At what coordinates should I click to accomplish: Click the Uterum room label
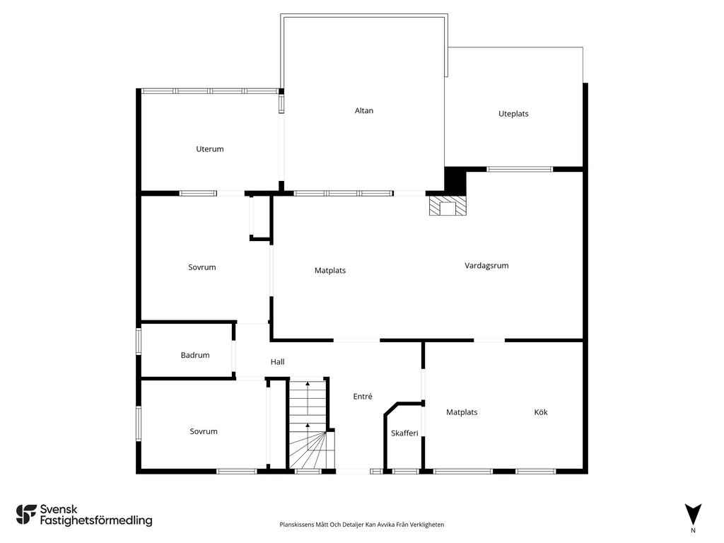point(209,149)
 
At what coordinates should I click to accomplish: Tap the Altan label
point(364,111)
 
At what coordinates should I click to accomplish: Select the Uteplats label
point(513,114)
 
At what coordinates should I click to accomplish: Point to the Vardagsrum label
point(486,266)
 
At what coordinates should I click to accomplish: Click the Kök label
point(541,412)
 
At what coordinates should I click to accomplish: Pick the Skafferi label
point(404,433)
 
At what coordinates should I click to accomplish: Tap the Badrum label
point(195,355)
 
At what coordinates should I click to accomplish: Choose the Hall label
point(277,362)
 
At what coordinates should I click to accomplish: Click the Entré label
point(363,396)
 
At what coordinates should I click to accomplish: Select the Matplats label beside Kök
point(462,412)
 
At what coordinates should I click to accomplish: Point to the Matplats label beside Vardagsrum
point(330,271)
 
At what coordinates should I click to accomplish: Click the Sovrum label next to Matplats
point(202,267)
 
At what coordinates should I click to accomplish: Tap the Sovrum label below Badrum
point(204,432)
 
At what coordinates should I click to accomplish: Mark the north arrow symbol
point(693,515)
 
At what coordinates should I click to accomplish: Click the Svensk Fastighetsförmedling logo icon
point(26,515)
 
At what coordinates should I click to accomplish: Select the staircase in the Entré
point(308,424)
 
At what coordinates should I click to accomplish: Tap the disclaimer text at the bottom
point(361,525)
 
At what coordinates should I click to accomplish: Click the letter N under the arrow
point(693,530)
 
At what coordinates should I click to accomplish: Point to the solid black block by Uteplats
point(455,179)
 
